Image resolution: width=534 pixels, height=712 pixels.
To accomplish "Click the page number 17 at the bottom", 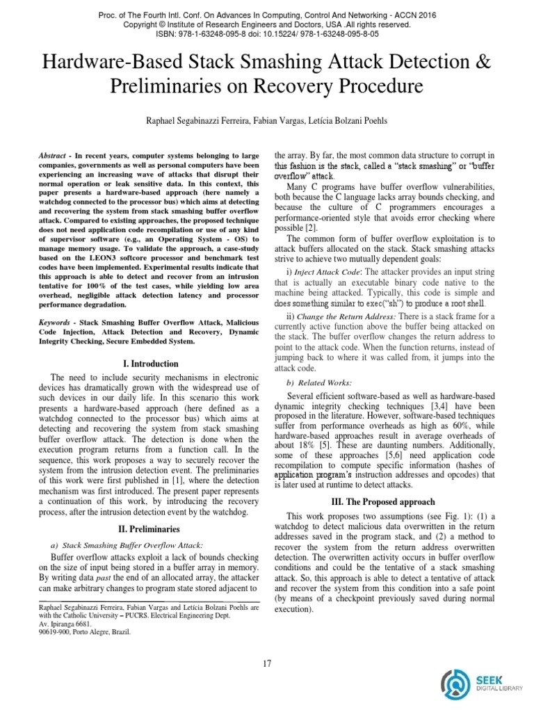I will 267,663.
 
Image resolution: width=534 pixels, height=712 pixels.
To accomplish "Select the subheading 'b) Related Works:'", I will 319,382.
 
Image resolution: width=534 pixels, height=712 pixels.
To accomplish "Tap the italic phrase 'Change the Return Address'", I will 338,316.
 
